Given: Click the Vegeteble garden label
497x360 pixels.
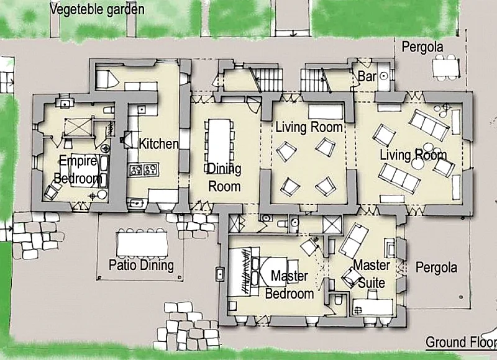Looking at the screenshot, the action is (x=97, y=9).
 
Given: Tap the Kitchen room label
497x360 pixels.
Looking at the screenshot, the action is (x=159, y=144).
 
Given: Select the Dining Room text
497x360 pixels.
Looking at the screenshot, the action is (x=224, y=178).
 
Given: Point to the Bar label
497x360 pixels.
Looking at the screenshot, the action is (x=367, y=76).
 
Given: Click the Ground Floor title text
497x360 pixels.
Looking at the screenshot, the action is (x=461, y=342).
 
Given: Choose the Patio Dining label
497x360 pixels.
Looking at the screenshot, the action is (x=141, y=265).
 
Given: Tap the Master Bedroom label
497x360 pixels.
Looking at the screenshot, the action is (x=290, y=285).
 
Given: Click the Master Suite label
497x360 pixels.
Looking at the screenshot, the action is (x=372, y=274).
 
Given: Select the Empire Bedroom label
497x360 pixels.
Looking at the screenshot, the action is (x=78, y=169).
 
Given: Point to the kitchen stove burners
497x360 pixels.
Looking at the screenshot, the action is (x=144, y=170).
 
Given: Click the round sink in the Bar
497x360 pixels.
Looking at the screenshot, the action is (x=384, y=76).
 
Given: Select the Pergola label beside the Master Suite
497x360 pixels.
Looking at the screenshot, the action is (x=436, y=268).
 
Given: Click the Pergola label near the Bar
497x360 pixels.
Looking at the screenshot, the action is (x=422, y=47).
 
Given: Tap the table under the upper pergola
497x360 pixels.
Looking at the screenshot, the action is (x=445, y=68).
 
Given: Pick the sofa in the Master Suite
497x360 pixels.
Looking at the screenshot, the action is (x=353, y=240).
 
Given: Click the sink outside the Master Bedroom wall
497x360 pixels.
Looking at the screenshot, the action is (x=220, y=274).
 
